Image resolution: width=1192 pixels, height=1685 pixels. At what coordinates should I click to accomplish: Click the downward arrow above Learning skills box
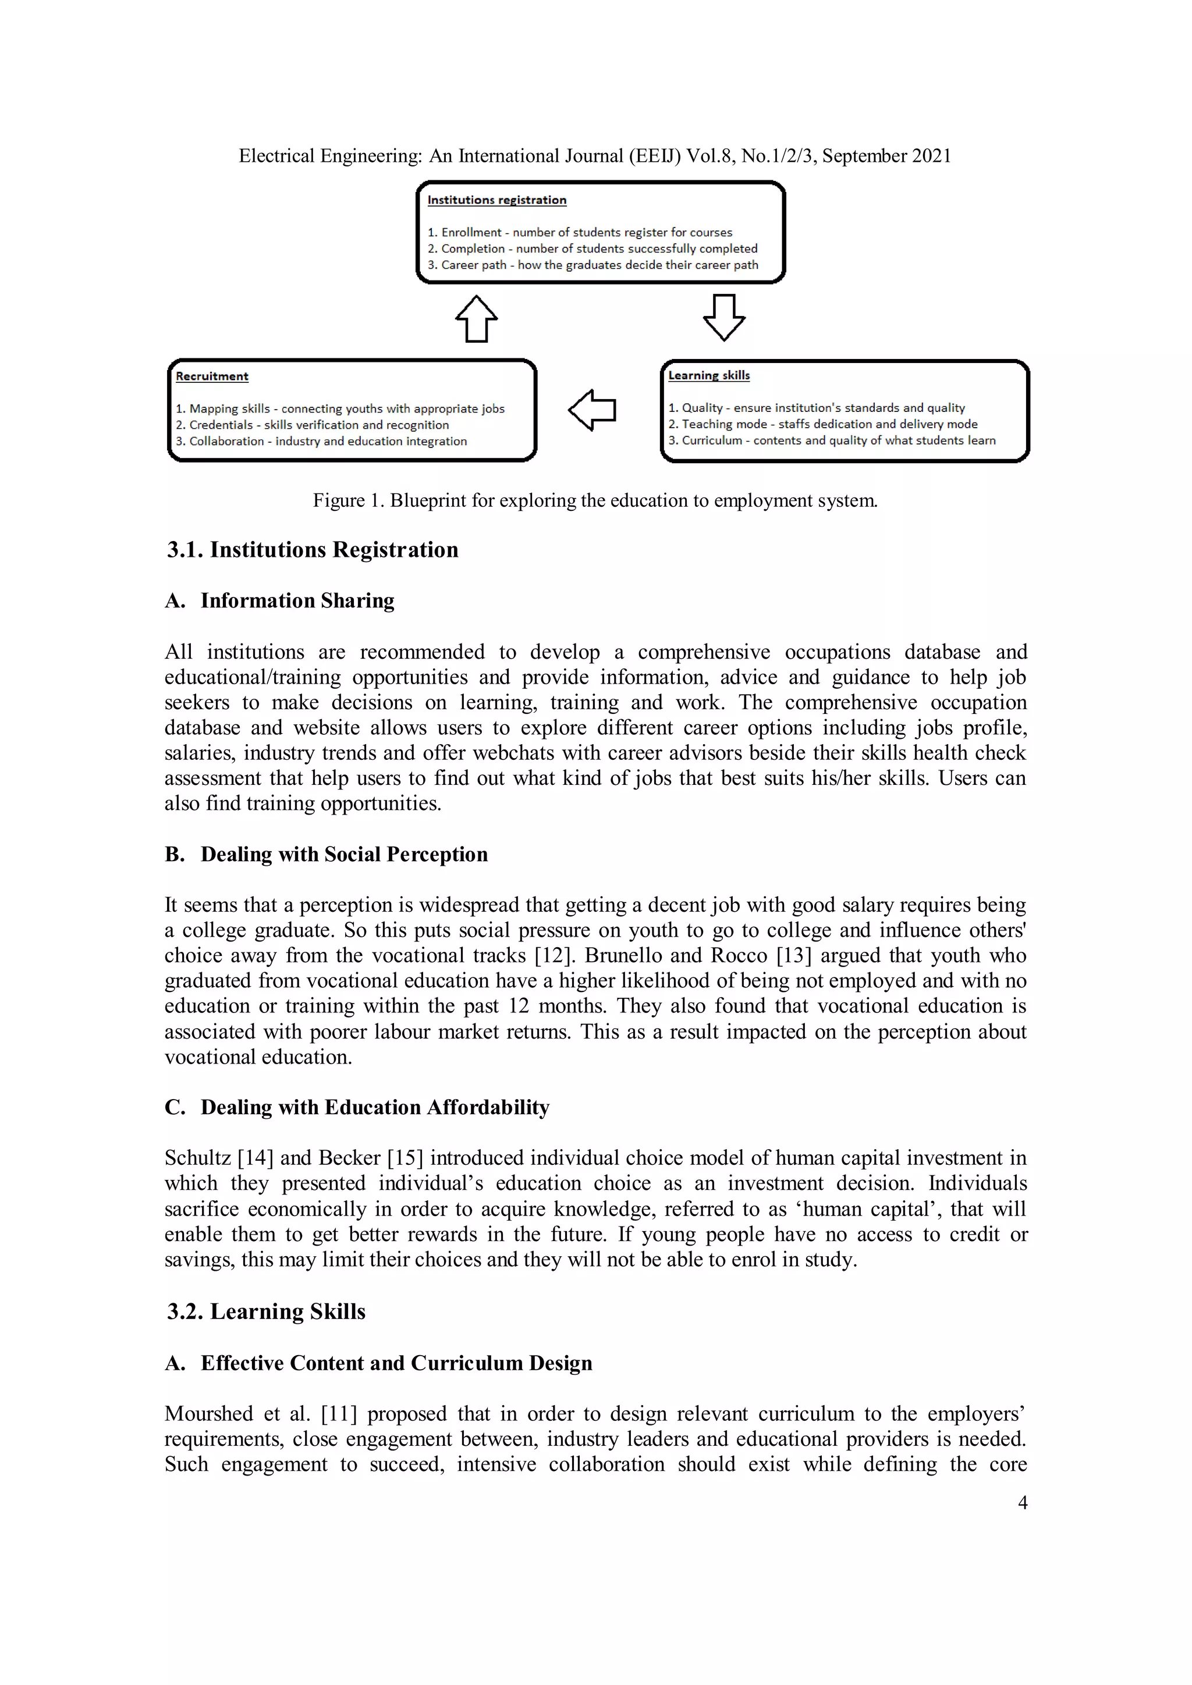point(723,317)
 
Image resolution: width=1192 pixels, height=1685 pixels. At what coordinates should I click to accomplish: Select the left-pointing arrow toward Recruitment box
point(593,410)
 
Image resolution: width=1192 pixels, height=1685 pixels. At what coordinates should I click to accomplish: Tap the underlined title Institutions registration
point(497,200)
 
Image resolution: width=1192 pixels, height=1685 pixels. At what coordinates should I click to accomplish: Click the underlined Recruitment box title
point(212,376)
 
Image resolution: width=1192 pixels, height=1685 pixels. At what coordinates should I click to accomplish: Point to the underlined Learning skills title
point(709,375)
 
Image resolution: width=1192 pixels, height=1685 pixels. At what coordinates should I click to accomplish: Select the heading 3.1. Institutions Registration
point(313,550)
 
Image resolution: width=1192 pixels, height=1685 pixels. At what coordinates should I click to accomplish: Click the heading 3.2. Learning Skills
point(266,1311)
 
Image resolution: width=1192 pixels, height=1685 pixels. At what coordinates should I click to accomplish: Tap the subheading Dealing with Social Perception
point(343,854)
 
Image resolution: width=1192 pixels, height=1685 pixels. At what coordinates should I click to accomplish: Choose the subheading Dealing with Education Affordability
point(374,1107)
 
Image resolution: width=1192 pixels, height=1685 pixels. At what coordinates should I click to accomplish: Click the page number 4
point(1021,1502)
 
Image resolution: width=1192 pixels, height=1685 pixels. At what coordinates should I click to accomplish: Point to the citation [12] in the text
point(548,955)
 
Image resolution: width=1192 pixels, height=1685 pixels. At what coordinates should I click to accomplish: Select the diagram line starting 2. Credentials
point(312,425)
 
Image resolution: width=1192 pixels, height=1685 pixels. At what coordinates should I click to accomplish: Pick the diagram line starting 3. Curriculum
point(832,440)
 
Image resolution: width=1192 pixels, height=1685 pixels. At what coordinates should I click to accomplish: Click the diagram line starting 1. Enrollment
point(580,233)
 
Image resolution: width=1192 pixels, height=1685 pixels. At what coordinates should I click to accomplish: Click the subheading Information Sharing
point(297,601)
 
